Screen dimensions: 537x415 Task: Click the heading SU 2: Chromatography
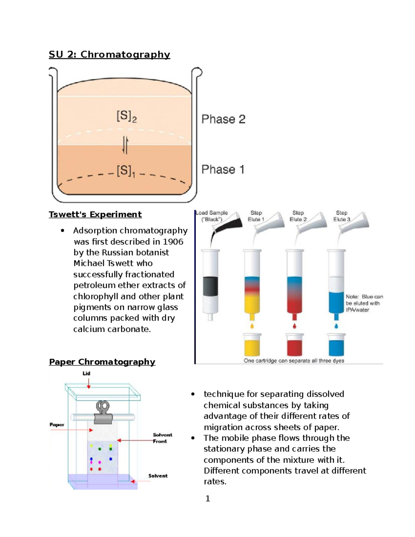point(109,55)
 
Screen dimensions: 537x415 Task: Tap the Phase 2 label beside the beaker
point(223,119)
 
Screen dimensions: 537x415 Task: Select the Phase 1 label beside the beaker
point(223,170)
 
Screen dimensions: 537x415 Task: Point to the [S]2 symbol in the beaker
point(127,117)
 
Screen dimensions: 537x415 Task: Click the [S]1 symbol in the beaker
point(126,171)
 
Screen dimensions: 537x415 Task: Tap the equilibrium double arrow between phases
point(125,145)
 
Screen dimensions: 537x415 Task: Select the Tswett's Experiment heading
point(95,214)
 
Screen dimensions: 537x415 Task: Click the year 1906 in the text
point(173,242)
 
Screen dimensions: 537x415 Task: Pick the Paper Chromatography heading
point(102,362)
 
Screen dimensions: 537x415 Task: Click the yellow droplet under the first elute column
point(252,326)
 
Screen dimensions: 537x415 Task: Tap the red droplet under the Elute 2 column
point(294,326)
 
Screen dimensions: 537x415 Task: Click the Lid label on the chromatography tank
point(86,373)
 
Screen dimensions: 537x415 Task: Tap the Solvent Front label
point(162,438)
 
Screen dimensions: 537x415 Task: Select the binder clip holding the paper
point(103,413)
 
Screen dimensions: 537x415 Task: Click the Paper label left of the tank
point(57,425)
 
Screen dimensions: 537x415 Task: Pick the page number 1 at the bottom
point(207,498)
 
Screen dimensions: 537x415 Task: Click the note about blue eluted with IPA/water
point(364,303)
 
